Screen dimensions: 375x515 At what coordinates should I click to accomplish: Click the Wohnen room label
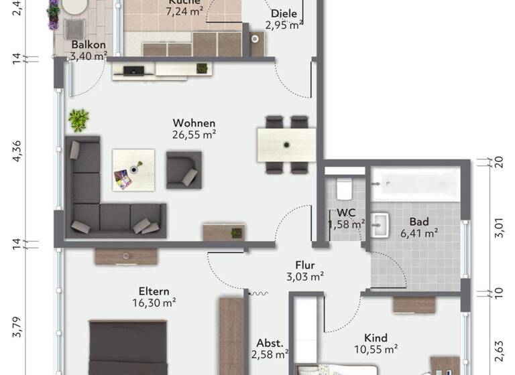tap(194, 123)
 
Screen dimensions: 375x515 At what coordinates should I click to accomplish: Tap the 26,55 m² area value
tap(194, 134)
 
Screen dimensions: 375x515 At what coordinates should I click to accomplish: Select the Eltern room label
tap(154, 291)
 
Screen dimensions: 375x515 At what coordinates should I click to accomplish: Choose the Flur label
tap(304, 265)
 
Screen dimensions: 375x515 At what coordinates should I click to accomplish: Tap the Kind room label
tap(376, 338)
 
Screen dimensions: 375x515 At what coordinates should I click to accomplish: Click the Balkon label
tap(88, 46)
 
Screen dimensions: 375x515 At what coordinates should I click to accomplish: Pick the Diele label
tap(284, 14)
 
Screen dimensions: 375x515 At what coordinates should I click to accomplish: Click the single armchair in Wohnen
tap(184, 169)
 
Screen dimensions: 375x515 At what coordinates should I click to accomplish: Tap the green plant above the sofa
tap(78, 120)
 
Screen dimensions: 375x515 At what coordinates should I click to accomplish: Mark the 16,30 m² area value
tap(154, 302)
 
